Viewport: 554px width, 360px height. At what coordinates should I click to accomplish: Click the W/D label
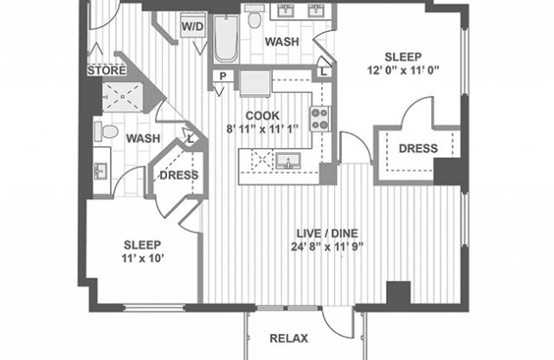[x=191, y=26]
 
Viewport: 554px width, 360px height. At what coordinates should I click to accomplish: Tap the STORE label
[x=106, y=70]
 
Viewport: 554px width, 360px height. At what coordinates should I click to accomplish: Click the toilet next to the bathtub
[x=254, y=16]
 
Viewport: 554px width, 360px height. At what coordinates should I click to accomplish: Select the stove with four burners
[x=319, y=118]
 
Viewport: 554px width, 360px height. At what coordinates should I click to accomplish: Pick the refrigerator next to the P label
[x=254, y=83]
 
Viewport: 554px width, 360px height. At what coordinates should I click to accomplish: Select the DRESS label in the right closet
[x=418, y=149]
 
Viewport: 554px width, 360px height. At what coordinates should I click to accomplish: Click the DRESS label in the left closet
[x=179, y=175]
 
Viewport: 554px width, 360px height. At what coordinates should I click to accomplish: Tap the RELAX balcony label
[x=289, y=338]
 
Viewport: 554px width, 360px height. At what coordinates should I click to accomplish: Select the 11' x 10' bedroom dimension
[x=142, y=257]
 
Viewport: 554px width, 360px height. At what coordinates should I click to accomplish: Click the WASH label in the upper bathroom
[x=282, y=42]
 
